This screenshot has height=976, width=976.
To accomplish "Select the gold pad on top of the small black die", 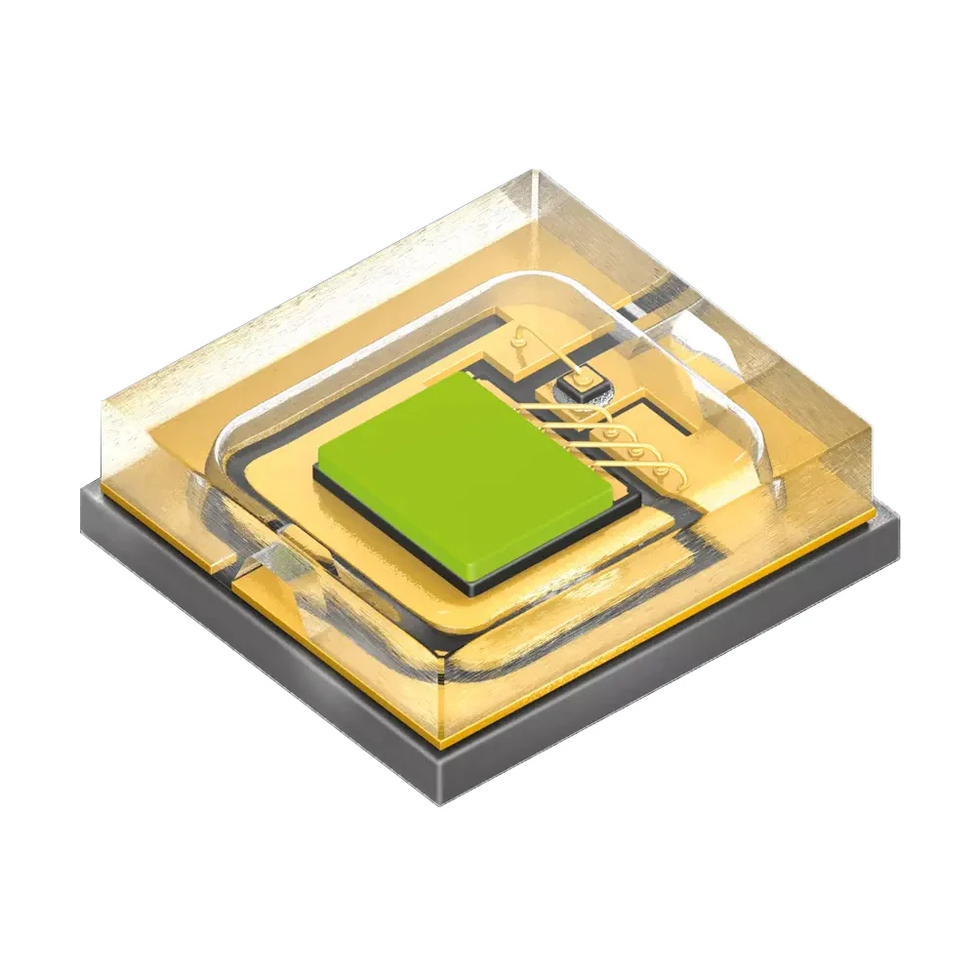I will (x=580, y=376).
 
